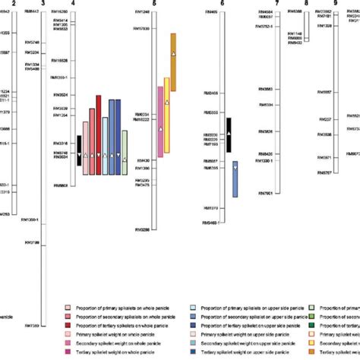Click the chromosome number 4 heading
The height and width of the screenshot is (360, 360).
(x=72, y=4)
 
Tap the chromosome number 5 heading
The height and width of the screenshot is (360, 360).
(x=154, y=4)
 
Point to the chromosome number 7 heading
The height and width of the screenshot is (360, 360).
(x=278, y=4)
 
